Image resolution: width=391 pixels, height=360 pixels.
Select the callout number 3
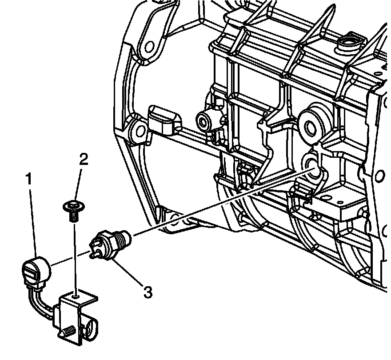click(x=148, y=292)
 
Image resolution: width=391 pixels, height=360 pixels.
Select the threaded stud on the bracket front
click(x=68, y=331)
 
